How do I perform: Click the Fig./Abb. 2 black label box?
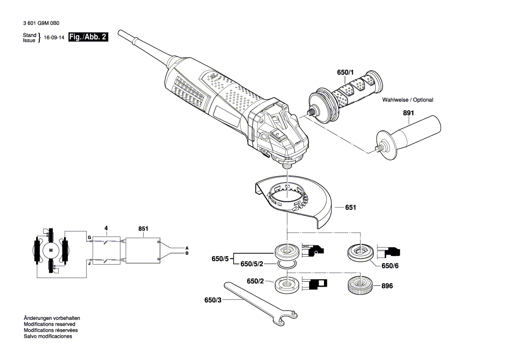(88, 37)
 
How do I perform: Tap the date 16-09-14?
(54, 37)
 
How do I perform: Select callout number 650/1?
(345, 72)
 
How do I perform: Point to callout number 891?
(408, 113)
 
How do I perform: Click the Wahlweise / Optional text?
(408, 100)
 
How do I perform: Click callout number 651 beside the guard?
(351, 207)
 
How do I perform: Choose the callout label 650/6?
(390, 266)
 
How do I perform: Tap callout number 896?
(387, 286)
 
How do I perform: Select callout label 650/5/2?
(252, 264)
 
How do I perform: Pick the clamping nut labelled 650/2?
(287, 284)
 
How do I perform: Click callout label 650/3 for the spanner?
(212, 300)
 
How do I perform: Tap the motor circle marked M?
(51, 250)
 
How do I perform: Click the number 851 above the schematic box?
(143, 229)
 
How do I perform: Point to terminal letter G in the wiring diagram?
(89, 238)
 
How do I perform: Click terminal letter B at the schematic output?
(187, 253)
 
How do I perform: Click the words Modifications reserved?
(49, 324)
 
